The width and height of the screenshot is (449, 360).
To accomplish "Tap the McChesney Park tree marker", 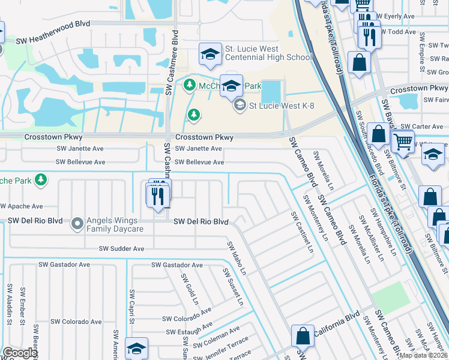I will click(x=190, y=85).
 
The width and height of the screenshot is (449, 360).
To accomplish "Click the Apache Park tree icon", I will click(x=41, y=179).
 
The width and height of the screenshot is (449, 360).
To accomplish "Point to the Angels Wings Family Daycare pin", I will click(x=77, y=224).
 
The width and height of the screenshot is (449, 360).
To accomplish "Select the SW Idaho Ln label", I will click(x=235, y=259).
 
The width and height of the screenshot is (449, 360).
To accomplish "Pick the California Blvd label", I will click(x=336, y=326).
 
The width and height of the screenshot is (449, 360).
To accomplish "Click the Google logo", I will click(x=20, y=353).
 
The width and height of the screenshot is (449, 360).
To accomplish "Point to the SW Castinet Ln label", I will click(x=302, y=231).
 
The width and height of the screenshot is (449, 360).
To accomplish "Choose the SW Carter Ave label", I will click(x=422, y=127).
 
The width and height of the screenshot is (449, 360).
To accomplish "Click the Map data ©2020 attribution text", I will click(x=423, y=355).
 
